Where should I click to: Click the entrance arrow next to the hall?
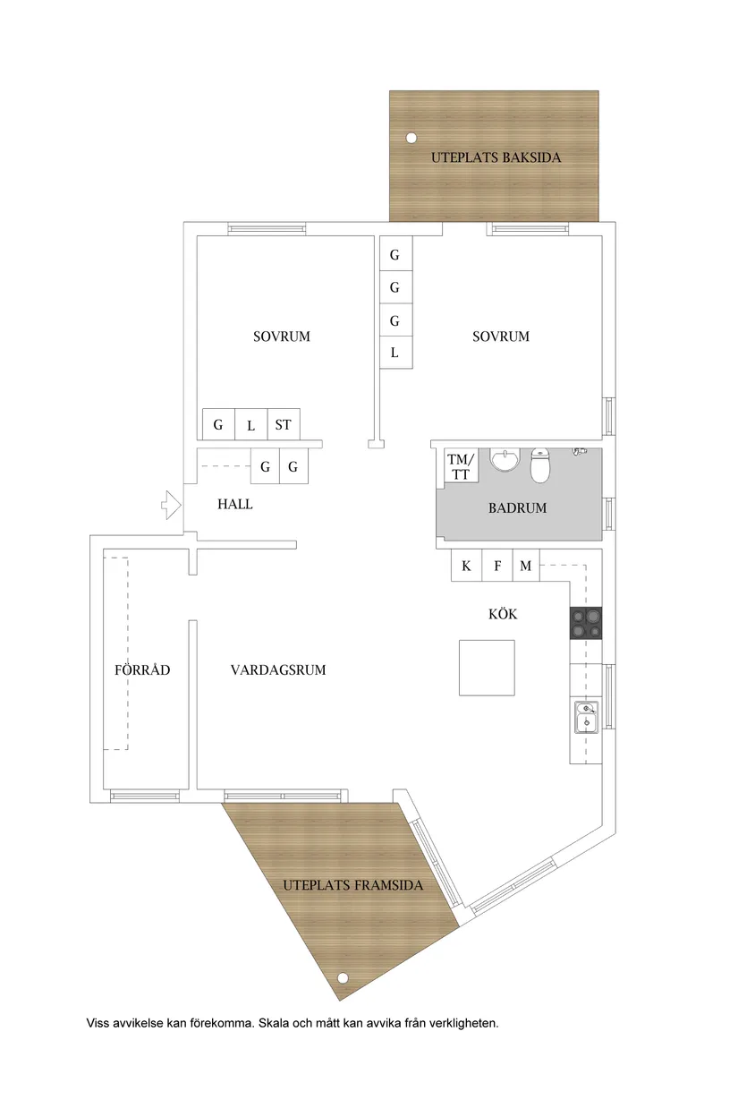point(172,505)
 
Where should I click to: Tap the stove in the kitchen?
point(586,623)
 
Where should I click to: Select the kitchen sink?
point(586,717)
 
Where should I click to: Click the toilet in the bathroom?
point(539,465)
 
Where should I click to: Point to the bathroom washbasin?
point(505,459)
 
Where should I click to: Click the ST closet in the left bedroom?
point(284,424)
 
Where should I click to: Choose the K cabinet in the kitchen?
point(466,566)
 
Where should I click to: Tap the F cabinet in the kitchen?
point(497,566)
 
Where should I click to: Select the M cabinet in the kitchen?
point(526,566)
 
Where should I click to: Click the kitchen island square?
point(487,668)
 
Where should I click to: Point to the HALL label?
point(234,504)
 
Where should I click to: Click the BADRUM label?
point(518,508)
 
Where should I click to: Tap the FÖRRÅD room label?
point(142,669)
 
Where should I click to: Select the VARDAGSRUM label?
point(278,669)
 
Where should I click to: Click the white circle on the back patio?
point(411,138)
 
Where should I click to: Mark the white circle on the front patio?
point(343,978)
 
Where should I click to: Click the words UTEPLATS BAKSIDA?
point(496,158)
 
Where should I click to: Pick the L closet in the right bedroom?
point(395,353)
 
